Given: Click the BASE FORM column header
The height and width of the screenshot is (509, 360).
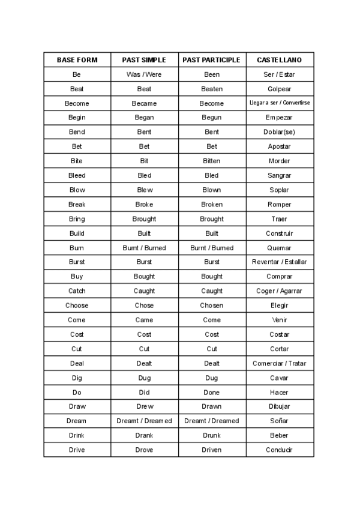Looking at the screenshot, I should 77,60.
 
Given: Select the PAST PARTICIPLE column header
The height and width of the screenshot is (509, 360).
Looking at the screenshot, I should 211,60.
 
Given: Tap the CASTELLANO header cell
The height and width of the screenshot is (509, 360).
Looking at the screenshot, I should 279,60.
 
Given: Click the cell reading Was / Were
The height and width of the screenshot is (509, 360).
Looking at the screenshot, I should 144,74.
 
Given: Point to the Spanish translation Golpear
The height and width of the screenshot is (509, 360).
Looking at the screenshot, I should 279,89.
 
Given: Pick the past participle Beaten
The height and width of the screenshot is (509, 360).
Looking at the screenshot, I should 211,89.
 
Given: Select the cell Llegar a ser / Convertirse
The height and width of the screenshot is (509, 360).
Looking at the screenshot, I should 280,103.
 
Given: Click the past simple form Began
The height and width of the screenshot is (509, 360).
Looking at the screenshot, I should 144,118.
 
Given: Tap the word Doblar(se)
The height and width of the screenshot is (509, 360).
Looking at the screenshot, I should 279,132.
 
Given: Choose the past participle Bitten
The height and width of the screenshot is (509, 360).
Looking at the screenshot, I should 211,161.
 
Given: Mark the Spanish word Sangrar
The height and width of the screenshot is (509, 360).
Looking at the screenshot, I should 279,175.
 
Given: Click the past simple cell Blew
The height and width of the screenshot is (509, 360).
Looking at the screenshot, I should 144,190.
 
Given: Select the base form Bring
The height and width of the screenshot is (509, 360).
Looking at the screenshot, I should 77,219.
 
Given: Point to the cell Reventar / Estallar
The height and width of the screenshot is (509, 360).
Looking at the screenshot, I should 279,262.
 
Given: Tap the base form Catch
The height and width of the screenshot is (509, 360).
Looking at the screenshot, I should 77,291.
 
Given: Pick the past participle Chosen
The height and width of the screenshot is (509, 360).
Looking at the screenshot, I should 211,306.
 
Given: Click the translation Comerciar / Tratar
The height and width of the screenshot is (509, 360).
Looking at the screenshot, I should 279,363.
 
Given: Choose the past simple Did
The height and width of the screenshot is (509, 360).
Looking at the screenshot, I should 144,392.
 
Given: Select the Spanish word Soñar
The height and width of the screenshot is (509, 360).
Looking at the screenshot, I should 279,421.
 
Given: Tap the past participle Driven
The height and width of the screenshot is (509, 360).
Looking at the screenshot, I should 211,450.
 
